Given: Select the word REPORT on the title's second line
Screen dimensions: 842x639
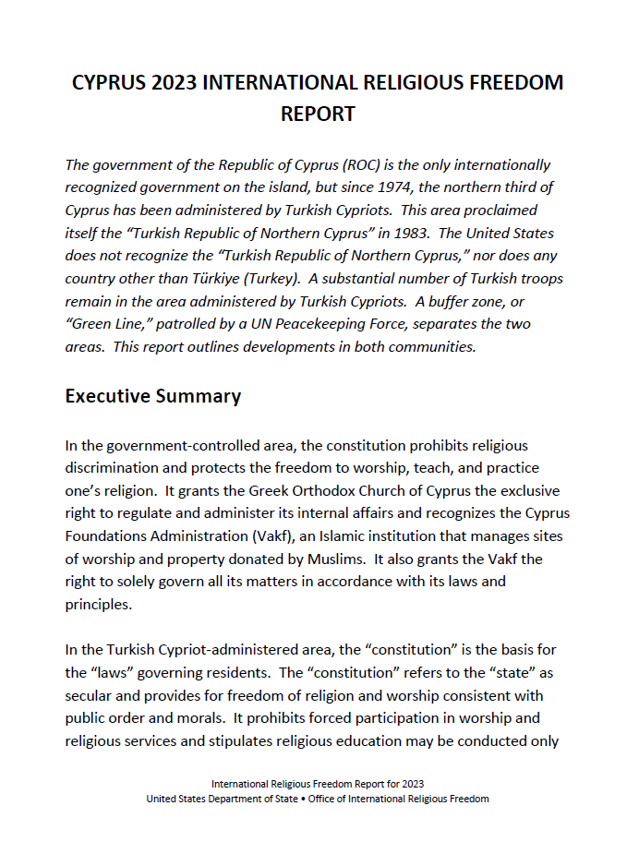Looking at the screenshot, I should (x=318, y=114).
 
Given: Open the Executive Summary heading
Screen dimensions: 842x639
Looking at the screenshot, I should (x=153, y=397).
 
